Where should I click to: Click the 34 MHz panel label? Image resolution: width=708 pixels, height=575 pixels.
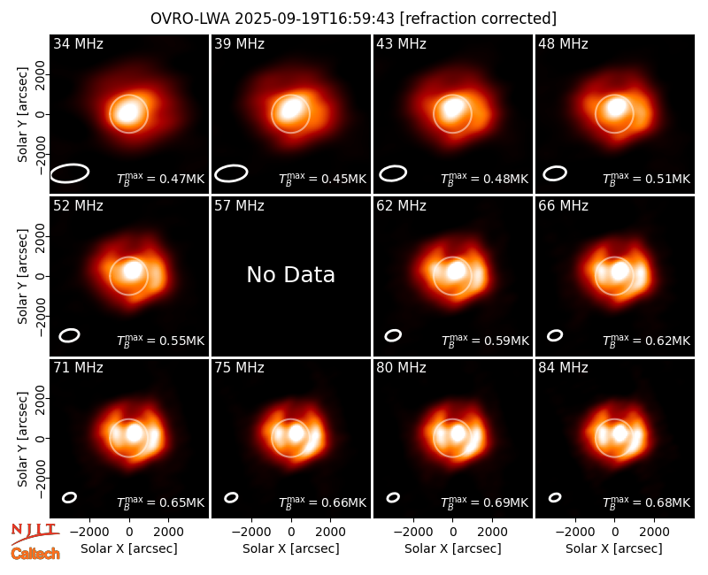[x=78, y=43]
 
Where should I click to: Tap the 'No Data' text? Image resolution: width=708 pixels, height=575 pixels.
[x=291, y=274]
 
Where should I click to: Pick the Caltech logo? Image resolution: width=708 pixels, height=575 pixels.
[x=35, y=554]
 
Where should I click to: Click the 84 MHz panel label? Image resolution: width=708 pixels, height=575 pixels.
[x=563, y=368]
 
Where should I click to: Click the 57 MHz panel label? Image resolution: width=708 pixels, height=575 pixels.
[x=239, y=206]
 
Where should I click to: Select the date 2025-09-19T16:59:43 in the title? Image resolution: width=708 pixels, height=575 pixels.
[x=314, y=19]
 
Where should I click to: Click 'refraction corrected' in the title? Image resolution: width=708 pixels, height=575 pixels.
[x=478, y=19]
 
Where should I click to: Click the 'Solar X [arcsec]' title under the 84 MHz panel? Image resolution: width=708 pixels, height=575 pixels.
[x=614, y=548]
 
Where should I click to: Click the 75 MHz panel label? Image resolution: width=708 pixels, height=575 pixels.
[x=239, y=368]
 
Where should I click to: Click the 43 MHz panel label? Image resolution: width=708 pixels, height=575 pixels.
[x=402, y=43]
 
